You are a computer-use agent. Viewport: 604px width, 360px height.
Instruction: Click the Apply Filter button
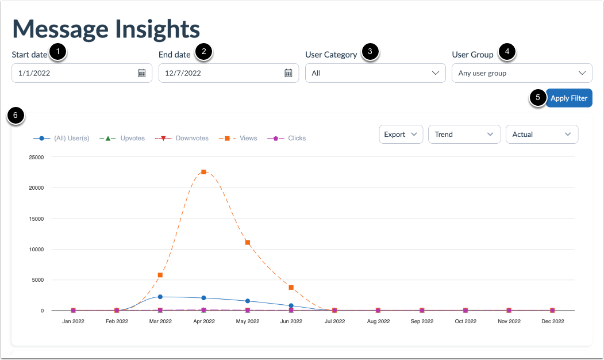[568, 98]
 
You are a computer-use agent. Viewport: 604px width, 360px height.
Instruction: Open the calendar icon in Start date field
[141, 73]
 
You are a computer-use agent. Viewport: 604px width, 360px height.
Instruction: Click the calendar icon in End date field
[288, 73]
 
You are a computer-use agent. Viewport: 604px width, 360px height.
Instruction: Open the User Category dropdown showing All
[375, 73]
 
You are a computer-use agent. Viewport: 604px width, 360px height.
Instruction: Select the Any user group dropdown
[522, 73]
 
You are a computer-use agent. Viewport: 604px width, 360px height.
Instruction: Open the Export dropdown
[401, 134]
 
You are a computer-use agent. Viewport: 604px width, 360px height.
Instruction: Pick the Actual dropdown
[541, 134]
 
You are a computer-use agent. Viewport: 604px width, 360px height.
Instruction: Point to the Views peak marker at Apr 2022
[203, 172]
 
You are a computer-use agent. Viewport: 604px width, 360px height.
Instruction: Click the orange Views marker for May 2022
[248, 242]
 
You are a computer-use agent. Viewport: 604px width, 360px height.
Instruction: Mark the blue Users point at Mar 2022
[160, 297]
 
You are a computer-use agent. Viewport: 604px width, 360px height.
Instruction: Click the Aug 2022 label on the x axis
[378, 321]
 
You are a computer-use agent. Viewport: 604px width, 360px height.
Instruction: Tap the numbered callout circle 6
[16, 115]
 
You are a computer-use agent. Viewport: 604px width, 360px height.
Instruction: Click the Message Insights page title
[106, 29]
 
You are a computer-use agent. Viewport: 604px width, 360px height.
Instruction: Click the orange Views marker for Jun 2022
[291, 288]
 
